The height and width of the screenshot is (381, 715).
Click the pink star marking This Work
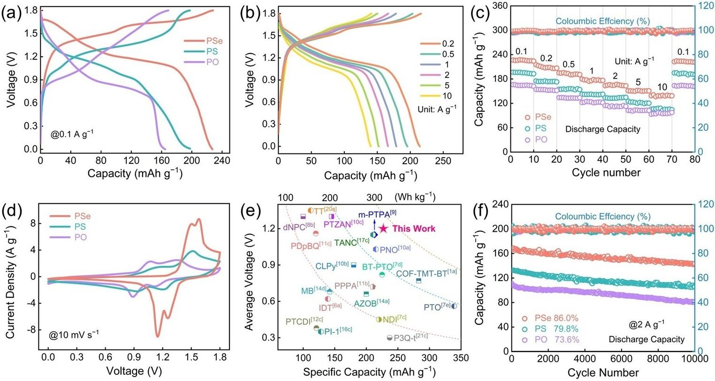[x=383, y=228]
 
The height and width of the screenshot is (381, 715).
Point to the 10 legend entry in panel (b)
[x=447, y=96]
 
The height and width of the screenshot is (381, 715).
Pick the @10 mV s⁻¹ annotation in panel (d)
[x=74, y=334]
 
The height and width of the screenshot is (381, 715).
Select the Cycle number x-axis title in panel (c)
[x=606, y=173]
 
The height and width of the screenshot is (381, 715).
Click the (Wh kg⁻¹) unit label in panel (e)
[x=415, y=197]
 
